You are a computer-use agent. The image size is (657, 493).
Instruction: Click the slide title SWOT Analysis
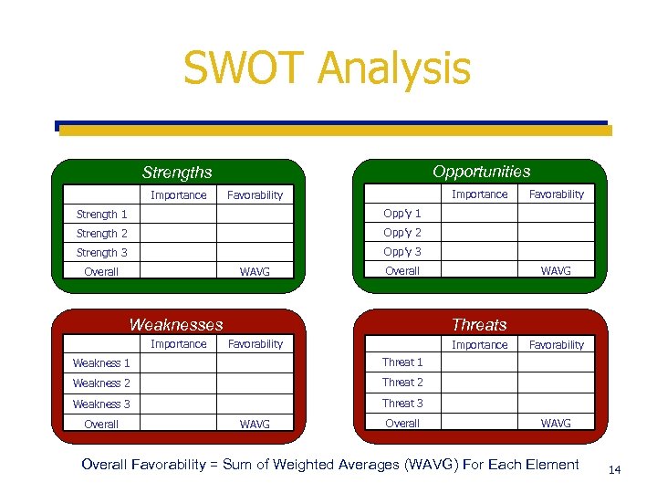point(327,68)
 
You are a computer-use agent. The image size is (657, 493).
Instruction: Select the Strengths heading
point(177,172)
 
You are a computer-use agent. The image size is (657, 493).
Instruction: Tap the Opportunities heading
point(481,171)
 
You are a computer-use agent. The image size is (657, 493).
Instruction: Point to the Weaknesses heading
point(176,324)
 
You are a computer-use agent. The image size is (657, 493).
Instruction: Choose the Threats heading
point(479,324)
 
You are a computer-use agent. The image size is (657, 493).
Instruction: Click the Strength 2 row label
point(102,234)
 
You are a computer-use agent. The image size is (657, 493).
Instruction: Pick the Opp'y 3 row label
point(402,252)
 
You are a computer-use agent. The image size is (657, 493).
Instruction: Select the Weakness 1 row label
point(101,363)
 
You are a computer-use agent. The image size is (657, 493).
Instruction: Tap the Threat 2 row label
point(402,383)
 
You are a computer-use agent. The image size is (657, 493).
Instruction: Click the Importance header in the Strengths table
point(179,194)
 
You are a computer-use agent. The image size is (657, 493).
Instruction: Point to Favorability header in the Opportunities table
point(557,194)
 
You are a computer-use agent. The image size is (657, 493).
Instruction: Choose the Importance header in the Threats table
point(480,344)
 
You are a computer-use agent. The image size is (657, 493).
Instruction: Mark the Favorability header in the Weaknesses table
point(255,344)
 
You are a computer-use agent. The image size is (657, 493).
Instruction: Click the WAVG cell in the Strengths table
point(255,272)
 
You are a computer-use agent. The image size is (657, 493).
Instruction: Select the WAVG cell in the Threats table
point(557,424)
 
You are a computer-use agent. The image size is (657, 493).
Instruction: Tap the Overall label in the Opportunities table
point(402,271)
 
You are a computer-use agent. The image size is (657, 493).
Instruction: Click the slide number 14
point(614,470)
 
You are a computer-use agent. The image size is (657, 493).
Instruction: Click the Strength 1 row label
point(102,215)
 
